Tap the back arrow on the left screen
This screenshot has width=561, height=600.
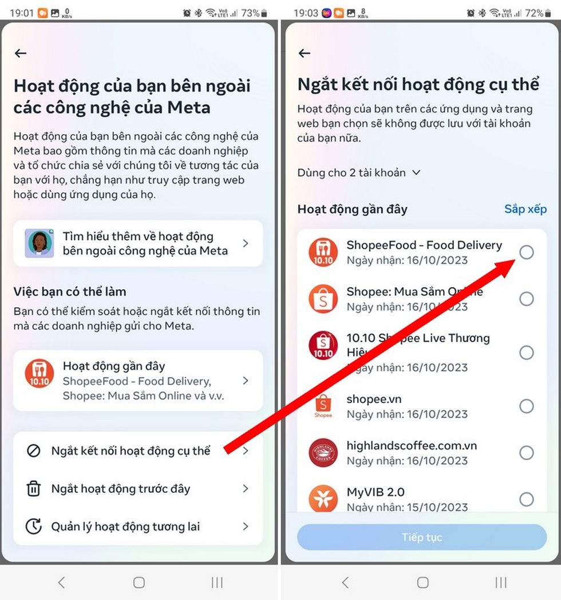pyautogui.click(x=21, y=53)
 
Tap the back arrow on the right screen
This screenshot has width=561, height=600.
pyautogui.click(x=305, y=53)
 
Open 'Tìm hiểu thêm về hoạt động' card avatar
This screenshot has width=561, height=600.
pyautogui.click(x=39, y=244)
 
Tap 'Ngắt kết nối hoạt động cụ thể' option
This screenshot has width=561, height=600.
pyautogui.click(x=131, y=451)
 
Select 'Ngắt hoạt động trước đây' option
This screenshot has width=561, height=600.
pyautogui.click(x=121, y=489)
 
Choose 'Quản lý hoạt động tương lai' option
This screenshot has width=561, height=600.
pyautogui.click(x=125, y=527)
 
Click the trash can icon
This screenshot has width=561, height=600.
pyautogui.click(x=34, y=489)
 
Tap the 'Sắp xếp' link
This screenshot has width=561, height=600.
pyautogui.click(x=525, y=209)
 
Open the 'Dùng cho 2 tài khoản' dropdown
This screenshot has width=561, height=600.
pyautogui.click(x=359, y=172)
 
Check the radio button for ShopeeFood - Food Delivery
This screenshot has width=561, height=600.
pyautogui.click(x=526, y=252)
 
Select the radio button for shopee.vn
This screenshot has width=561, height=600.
pyautogui.click(x=526, y=406)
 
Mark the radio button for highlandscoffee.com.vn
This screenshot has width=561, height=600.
pyautogui.click(x=526, y=453)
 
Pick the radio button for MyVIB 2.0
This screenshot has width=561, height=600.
pyautogui.click(x=526, y=499)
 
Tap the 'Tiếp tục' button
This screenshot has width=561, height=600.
pyautogui.click(x=421, y=537)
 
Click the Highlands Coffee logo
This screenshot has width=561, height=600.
pyautogui.click(x=323, y=453)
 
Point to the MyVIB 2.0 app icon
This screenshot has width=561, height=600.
pyautogui.click(x=323, y=498)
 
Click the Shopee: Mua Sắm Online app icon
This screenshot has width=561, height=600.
pyautogui.click(x=323, y=299)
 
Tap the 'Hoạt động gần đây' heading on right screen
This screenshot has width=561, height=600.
pyautogui.click(x=352, y=209)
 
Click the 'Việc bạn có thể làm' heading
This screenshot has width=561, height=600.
pyautogui.click(x=70, y=292)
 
